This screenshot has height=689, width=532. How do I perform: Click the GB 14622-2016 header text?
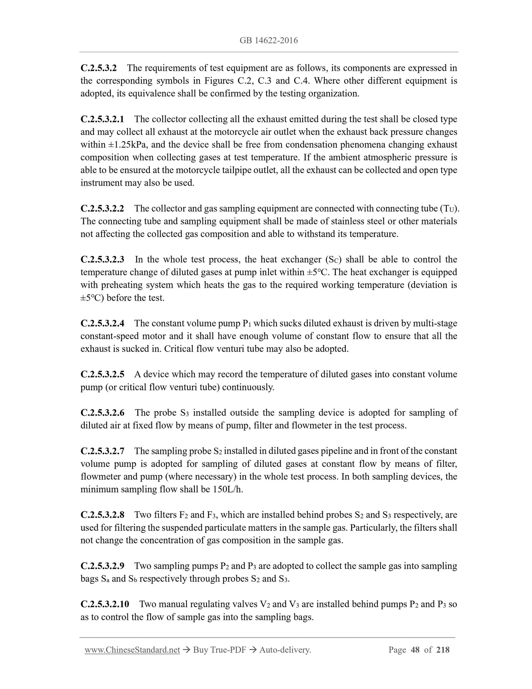[x=268, y=41]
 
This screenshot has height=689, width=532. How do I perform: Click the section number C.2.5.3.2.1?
[x=102, y=119]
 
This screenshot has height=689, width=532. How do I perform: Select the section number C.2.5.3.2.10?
[x=105, y=604]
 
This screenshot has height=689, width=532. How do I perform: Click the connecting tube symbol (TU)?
[x=449, y=209]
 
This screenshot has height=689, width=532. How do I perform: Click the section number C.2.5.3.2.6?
[x=102, y=413]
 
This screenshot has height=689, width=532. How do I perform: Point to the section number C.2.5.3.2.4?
[x=102, y=323]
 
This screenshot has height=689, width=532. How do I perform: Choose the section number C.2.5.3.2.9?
[x=102, y=566]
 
